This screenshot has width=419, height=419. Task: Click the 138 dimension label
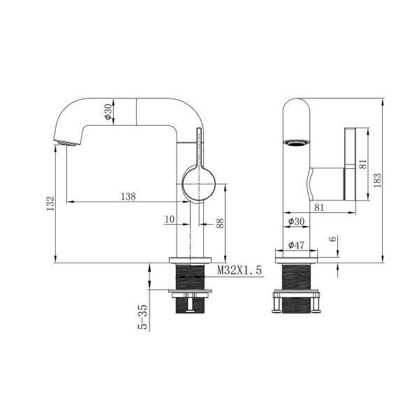128,196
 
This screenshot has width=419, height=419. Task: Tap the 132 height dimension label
50,204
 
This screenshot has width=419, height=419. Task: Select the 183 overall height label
377,180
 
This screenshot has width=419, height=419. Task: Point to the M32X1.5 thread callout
239,270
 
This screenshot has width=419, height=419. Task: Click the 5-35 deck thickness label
143,317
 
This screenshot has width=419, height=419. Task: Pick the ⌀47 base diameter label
296,245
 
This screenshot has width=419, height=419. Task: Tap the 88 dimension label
220,223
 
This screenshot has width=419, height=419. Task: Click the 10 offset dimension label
170,219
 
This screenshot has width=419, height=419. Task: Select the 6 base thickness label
333,239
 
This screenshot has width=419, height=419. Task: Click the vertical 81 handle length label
363,164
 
